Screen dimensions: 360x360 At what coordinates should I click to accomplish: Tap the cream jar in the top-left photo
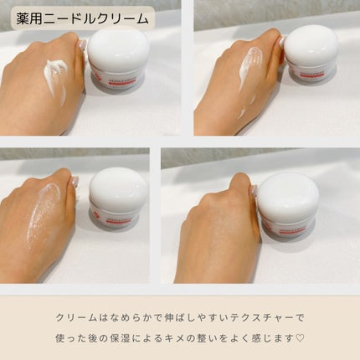coord(117,59)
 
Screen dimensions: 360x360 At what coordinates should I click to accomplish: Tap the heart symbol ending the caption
coord(301,337)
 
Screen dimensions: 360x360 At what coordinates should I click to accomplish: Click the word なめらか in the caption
coord(122,318)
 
